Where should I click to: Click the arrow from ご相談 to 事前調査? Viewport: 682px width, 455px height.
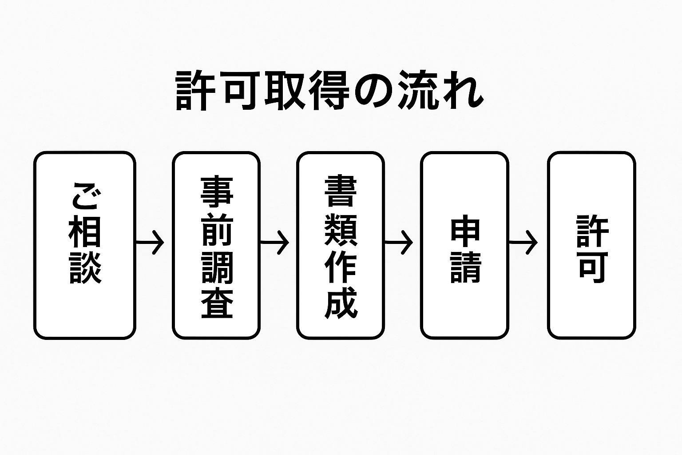coord(150,243)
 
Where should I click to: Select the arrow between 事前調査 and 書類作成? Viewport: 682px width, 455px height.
coord(274,243)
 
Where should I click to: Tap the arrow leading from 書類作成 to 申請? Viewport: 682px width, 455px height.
coord(399,243)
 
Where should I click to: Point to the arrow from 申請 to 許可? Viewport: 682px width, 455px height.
coord(523,243)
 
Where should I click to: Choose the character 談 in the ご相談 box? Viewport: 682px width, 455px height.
coord(85,268)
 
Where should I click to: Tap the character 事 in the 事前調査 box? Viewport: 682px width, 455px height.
coord(217,192)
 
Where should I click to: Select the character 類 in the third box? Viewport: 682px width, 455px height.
coord(341,228)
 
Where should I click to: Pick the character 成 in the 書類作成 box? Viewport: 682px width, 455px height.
coord(341,303)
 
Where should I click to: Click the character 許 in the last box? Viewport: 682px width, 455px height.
coord(592,231)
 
